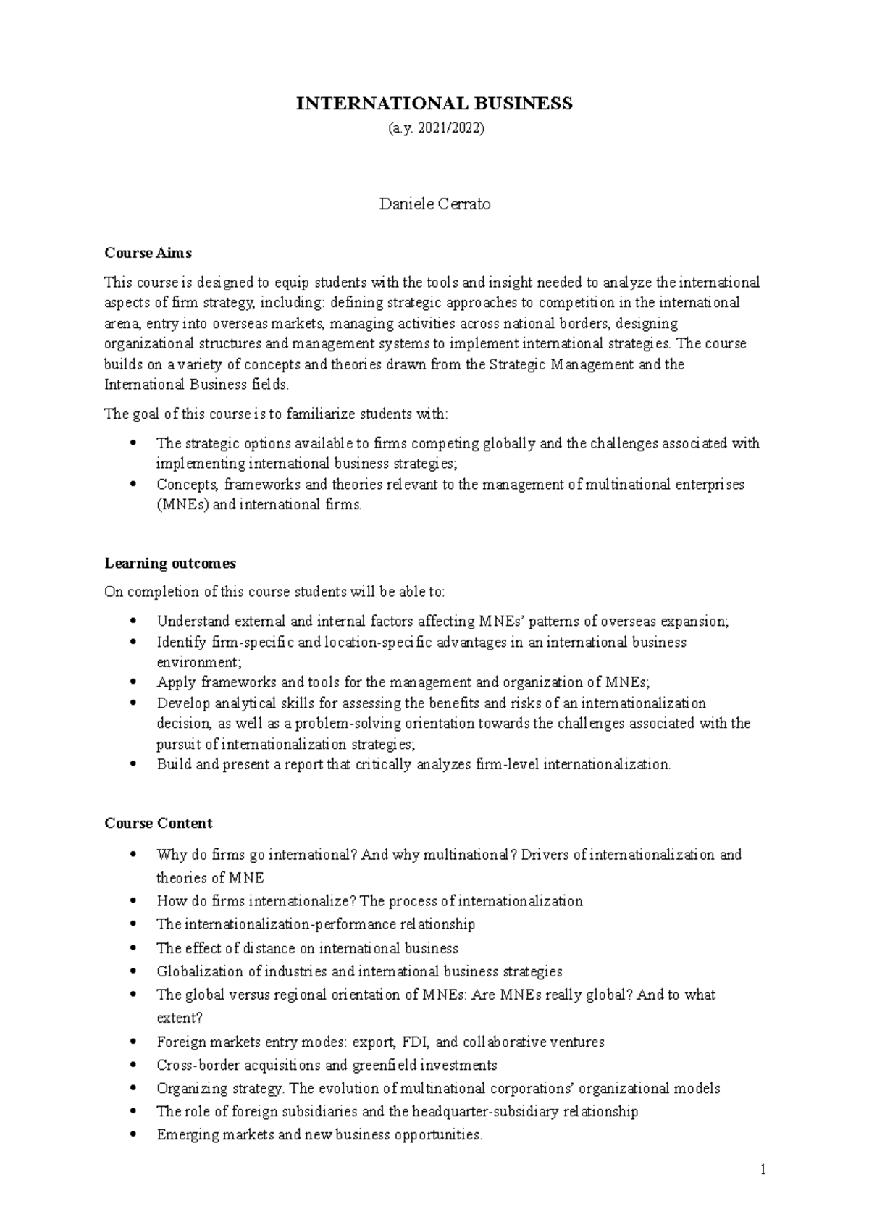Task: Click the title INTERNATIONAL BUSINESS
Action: tap(434, 104)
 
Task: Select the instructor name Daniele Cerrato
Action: tap(434, 204)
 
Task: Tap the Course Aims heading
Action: tap(148, 253)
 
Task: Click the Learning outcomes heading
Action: tap(170, 563)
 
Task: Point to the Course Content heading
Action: tap(158, 823)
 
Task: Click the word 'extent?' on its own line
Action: tap(179, 1018)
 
